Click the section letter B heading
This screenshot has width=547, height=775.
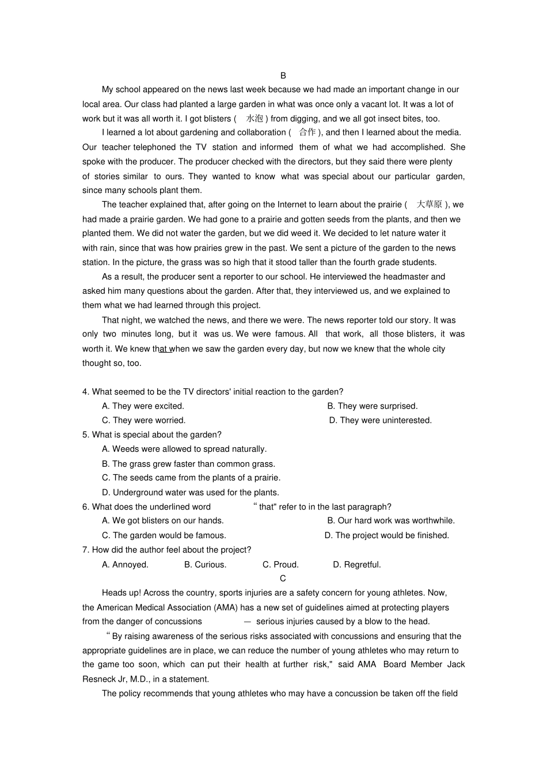pyautogui.click(x=283, y=75)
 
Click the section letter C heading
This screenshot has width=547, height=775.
pyautogui.click(x=283, y=579)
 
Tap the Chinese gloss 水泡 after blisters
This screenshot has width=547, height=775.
pyautogui.click(x=254, y=119)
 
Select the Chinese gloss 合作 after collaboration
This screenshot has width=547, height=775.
pyautogui.click(x=307, y=133)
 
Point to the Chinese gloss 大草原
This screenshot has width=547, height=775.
pyautogui.click(x=429, y=205)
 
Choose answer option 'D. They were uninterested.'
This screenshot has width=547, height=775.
pyautogui.click(x=380, y=421)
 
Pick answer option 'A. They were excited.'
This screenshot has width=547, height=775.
pyautogui.click(x=143, y=406)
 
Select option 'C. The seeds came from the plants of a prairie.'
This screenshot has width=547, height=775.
pyautogui.click(x=191, y=478)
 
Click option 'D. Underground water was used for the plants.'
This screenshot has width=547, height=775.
pyautogui.click(x=190, y=493)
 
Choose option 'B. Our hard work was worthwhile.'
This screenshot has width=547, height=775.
pyautogui.click(x=391, y=521)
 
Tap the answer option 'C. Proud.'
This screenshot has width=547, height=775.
pyautogui.click(x=280, y=565)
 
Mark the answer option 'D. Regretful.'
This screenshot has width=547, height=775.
pyautogui.click(x=357, y=565)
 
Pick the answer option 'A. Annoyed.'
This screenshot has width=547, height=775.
pyautogui.click(x=125, y=565)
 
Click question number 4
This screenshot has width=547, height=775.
pyautogui.click(x=85, y=392)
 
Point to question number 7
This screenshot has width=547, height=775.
pyautogui.click(x=85, y=550)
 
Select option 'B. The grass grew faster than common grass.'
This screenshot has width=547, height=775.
pyautogui.click(x=188, y=464)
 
